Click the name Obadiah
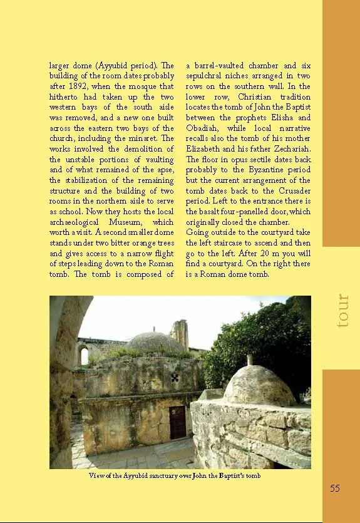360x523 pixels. (x=203, y=128)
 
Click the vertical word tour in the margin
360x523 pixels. (x=342, y=311)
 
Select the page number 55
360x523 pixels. (x=335, y=488)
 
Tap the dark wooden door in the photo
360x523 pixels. (x=178, y=422)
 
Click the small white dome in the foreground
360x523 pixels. (x=258, y=384)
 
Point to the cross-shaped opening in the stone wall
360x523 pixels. (x=175, y=378)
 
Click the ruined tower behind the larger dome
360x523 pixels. (x=179, y=334)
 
